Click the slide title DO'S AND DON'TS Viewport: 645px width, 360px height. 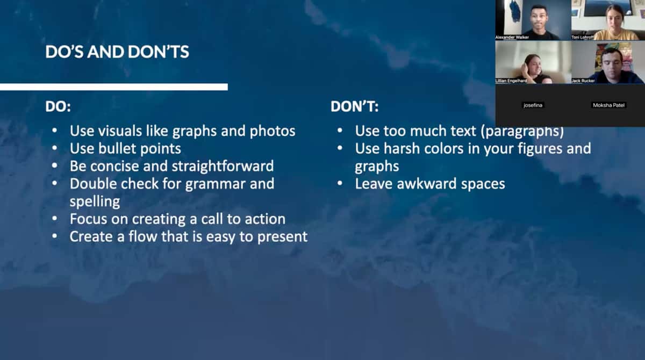117,52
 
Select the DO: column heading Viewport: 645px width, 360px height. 58,106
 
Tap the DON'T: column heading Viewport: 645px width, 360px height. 354,106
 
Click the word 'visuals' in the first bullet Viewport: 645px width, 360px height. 120,131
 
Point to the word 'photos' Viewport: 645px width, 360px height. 273,132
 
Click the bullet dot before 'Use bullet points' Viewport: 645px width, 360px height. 54,148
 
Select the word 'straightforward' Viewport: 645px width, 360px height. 223,167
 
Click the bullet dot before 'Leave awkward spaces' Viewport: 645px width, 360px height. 340,184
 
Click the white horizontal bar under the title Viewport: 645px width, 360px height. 114,87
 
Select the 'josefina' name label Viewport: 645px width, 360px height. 533,105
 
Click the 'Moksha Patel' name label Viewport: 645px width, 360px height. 608,105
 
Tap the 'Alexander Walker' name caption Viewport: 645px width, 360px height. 512,38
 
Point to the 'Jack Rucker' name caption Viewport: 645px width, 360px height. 583,81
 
